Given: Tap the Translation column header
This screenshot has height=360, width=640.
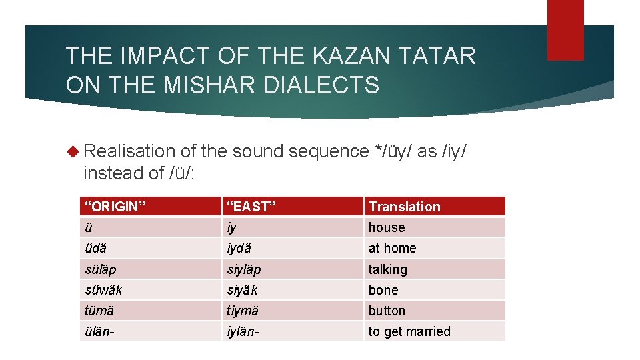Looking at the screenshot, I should click(x=405, y=206).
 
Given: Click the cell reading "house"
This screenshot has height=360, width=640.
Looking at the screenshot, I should click(x=387, y=227).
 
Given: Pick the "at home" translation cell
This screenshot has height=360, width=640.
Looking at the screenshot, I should click(x=392, y=248).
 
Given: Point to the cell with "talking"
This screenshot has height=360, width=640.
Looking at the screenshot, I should click(x=387, y=269).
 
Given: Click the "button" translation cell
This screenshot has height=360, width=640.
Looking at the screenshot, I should click(x=387, y=311).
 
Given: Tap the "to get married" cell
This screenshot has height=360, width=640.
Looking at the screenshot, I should click(x=409, y=331).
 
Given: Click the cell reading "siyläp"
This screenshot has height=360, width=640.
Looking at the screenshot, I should click(x=243, y=269).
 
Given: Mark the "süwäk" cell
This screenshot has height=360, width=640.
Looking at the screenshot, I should click(x=103, y=290).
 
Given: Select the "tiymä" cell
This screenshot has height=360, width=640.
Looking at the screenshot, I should click(x=242, y=311).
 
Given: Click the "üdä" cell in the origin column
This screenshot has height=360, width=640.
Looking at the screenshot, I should click(x=96, y=248).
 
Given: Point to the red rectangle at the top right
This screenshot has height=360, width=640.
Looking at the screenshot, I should click(x=565, y=30).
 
